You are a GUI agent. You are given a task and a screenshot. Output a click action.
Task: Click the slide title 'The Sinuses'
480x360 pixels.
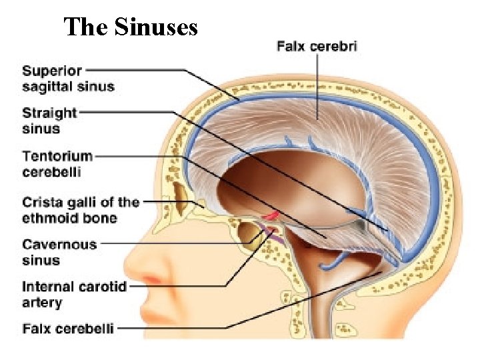click(x=131, y=27)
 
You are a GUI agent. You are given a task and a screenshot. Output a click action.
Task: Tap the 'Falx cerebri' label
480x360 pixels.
click(x=317, y=46)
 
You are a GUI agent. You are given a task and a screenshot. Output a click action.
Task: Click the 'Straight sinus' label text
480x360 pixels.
click(x=49, y=121)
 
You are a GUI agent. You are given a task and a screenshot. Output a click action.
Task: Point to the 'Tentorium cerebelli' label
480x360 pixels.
click(x=57, y=163)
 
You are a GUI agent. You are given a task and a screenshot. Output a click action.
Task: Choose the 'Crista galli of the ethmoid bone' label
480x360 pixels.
click(x=81, y=209)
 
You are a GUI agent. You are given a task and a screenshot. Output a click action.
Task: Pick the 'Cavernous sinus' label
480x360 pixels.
click(x=59, y=252)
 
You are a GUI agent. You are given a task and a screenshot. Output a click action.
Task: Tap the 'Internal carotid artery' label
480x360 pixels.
click(x=74, y=295)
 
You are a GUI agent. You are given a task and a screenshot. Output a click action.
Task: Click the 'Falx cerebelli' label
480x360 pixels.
click(x=68, y=328)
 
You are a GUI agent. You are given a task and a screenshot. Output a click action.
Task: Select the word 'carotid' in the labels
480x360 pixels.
click(x=104, y=287)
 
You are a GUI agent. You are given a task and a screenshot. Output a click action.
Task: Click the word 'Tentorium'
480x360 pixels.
click(x=57, y=156)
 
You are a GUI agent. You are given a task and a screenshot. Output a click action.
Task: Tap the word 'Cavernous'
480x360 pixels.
click(x=59, y=245)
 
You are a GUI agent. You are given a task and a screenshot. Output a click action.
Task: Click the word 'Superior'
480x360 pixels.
click(x=52, y=70)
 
